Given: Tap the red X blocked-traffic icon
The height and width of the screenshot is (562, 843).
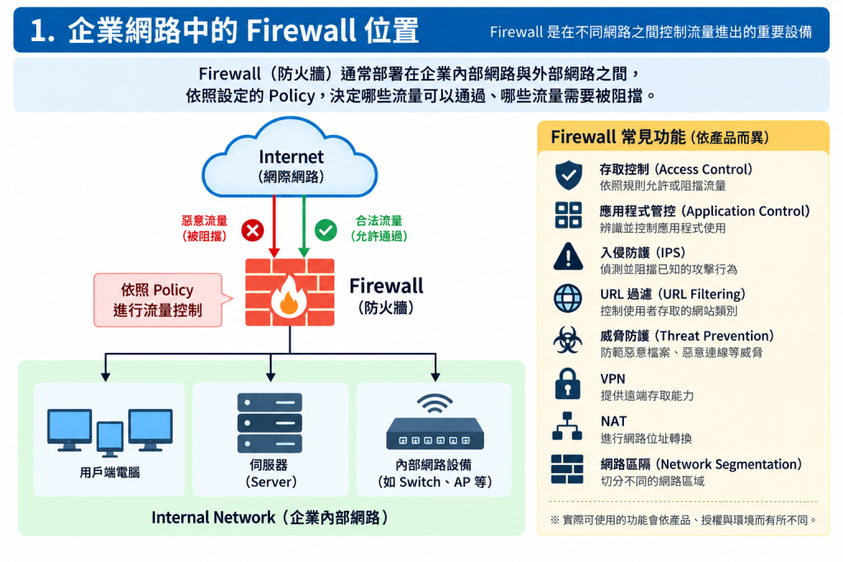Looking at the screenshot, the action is coord(252,230).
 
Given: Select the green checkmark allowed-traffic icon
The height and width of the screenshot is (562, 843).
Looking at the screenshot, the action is coord(326,230).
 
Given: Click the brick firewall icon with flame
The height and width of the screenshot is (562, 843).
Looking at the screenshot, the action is coord(290,292).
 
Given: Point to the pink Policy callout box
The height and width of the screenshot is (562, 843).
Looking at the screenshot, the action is coord(158,300).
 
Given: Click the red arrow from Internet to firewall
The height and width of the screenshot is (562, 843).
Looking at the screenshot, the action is coord(274,226).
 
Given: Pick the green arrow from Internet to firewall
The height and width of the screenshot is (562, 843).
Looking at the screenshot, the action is coord(304,226).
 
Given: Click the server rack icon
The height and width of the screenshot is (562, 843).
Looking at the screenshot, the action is coord(269,423).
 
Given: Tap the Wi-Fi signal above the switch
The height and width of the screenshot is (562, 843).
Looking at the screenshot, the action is coord(435,403).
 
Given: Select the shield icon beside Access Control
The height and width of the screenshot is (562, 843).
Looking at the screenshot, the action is coord(568,175).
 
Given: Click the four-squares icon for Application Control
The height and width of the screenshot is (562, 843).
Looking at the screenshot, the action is coord(568,216).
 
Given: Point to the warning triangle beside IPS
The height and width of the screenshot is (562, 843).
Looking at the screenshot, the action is coord(568,256).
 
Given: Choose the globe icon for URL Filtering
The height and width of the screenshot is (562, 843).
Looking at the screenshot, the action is coord(568,299).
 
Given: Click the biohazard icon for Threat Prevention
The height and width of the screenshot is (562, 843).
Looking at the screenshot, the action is coord(567,340).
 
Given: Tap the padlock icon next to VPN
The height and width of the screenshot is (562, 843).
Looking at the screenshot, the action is coord(568,383).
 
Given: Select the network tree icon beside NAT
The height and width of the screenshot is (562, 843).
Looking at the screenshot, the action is coord(567,426).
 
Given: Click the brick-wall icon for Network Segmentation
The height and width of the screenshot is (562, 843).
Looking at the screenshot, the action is coord(567,469).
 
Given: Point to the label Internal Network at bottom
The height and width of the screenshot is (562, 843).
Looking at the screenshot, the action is coord(213,518).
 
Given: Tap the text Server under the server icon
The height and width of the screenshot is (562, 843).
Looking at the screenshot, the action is coord(271,482).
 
